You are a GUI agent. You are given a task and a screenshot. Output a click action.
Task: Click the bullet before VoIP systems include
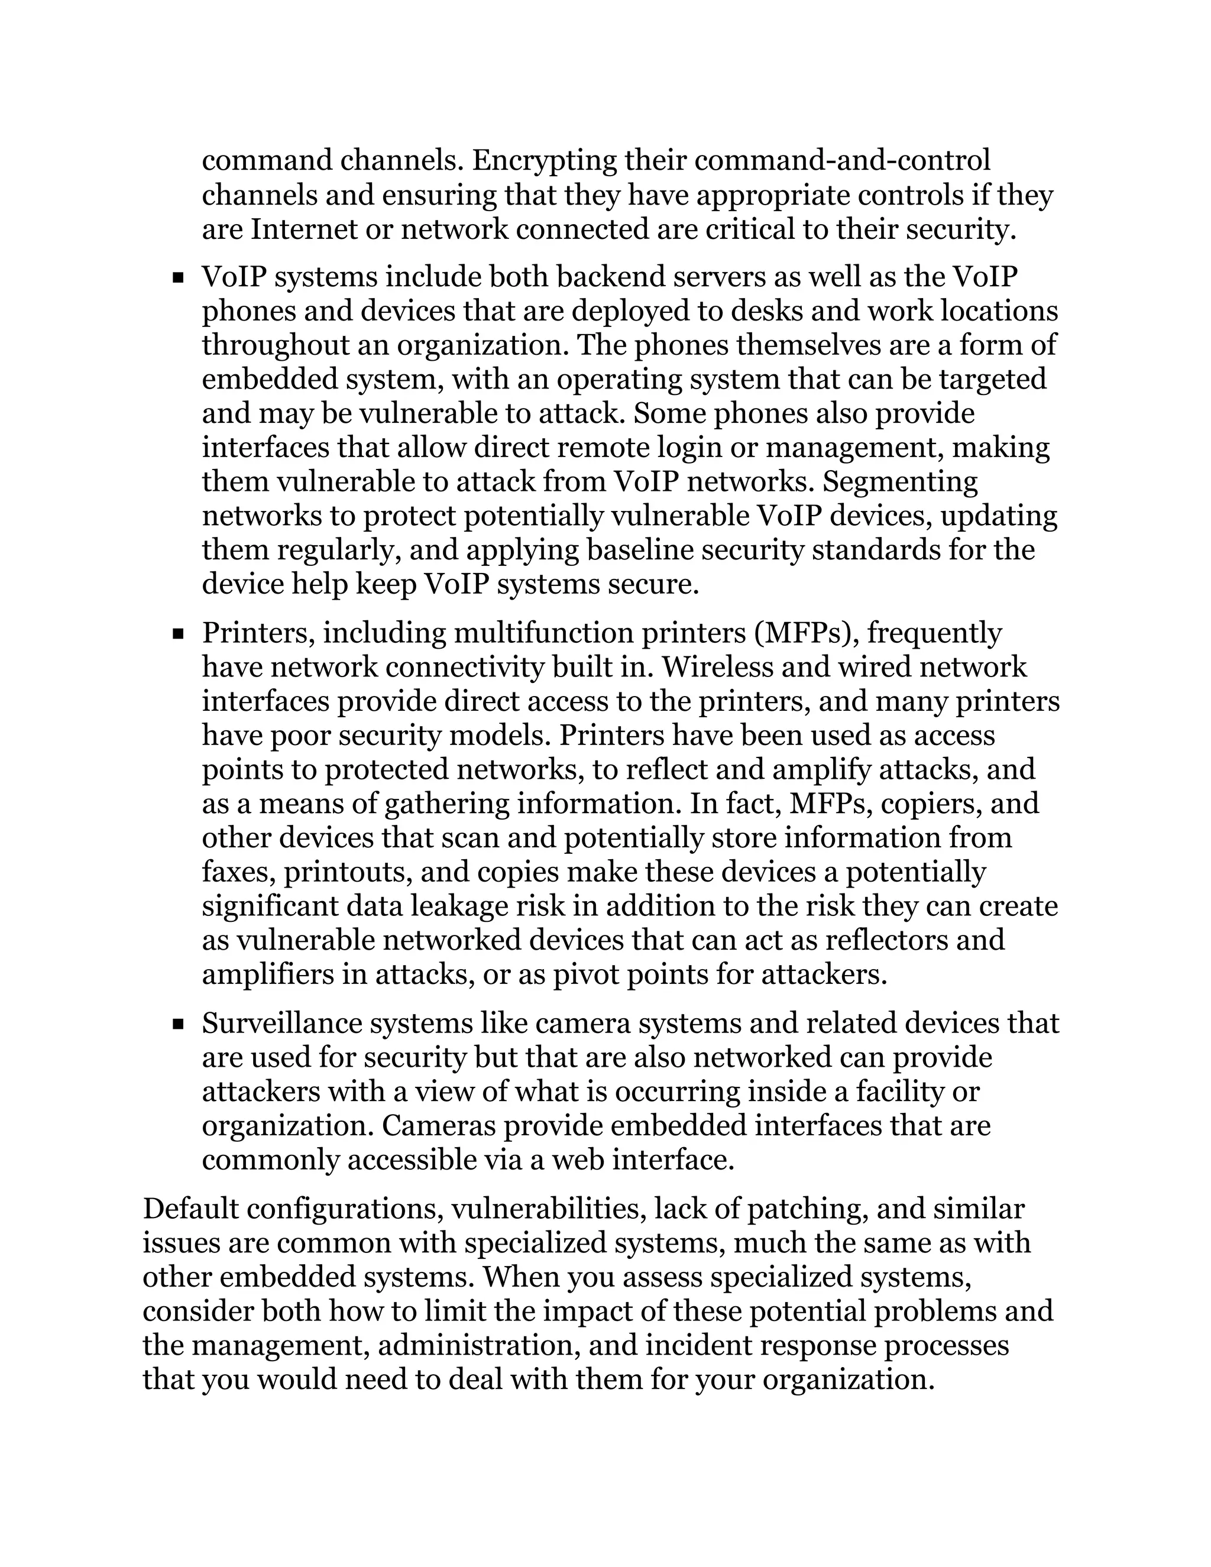click(x=178, y=277)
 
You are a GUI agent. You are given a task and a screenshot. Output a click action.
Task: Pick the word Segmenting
click(x=901, y=481)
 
